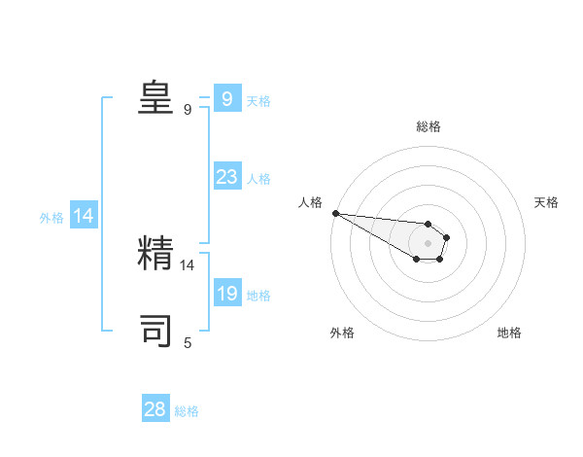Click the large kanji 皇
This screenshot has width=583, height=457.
pyautogui.click(x=155, y=96)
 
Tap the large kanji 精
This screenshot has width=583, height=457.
pyautogui.click(x=155, y=253)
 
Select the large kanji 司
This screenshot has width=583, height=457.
pyautogui.click(x=155, y=331)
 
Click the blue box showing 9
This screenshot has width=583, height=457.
pyautogui.click(x=226, y=99)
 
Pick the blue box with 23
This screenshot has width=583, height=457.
pyautogui.click(x=226, y=177)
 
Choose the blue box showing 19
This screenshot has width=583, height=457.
pyautogui.click(x=226, y=294)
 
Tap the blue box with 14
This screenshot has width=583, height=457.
pyautogui.click(x=83, y=217)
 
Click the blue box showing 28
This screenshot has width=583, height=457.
pyautogui.click(x=155, y=409)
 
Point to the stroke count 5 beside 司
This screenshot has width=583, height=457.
pyautogui.click(x=188, y=342)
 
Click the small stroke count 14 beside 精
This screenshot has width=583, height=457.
pyautogui.click(x=188, y=264)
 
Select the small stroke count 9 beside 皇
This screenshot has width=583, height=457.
pyautogui.click(x=188, y=109)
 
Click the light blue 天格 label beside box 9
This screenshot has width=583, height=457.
pyautogui.click(x=258, y=101)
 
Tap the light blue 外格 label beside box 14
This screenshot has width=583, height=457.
pyautogui.click(x=51, y=218)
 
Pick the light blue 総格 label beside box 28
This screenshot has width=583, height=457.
pyautogui.click(x=187, y=411)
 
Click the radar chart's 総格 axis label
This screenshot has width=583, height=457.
pyautogui.click(x=429, y=126)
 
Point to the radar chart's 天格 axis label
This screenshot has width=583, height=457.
pyautogui.click(x=547, y=202)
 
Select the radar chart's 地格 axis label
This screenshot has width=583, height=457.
pyautogui.click(x=509, y=333)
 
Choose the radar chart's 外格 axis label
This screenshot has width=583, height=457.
pyautogui.click(x=342, y=333)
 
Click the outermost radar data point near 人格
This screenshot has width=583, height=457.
pyautogui.click(x=334, y=213)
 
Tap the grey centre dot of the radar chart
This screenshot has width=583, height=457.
pyautogui.click(x=428, y=243)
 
